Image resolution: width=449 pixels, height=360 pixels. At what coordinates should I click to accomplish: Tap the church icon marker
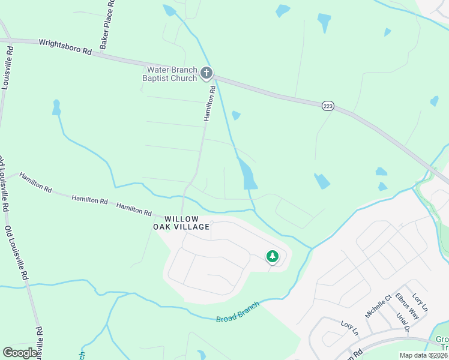click(206, 74)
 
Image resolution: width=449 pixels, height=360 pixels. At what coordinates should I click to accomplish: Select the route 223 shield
click(327, 106)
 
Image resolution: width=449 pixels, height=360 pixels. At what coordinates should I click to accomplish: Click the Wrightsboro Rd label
click(65, 47)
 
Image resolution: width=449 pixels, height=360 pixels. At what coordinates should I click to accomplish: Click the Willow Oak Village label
click(179, 223)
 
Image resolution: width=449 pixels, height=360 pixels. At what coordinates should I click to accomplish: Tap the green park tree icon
click(273, 257)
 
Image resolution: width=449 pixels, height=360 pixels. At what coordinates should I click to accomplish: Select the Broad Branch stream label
click(238, 312)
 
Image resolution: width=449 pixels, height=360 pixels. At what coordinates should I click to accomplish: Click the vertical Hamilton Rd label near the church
click(209, 103)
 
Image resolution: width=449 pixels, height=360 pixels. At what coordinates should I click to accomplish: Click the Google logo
click(20, 353)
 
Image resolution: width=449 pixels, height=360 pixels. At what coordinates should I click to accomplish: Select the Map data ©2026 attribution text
click(423, 355)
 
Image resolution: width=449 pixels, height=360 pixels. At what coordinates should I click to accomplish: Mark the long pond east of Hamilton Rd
click(247, 173)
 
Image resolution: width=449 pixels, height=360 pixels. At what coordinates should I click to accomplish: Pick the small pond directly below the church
click(236, 115)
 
